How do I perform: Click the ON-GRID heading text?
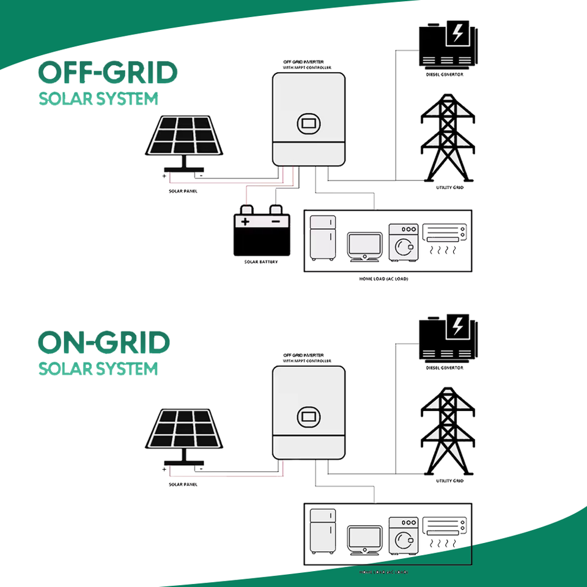pos(104,343)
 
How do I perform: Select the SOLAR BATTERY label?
pos(260,262)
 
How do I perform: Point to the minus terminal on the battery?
pos(276,222)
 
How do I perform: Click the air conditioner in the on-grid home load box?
pos(445,526)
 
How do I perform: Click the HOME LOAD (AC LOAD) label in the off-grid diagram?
pos(383,279)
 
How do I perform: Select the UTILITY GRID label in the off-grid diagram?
pos(449,188)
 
